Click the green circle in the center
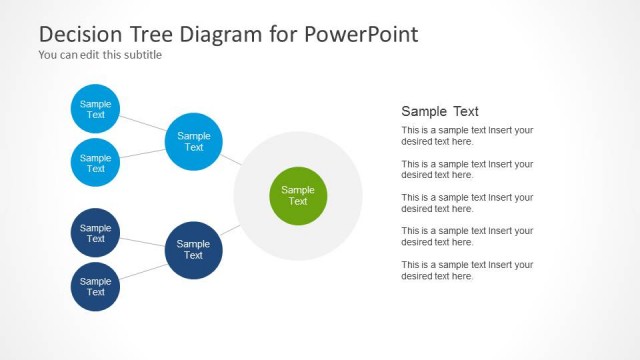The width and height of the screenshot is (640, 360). (x=298, y=196)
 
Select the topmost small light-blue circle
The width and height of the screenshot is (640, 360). (x=96, y=109)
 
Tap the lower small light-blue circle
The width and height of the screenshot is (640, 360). (x=96, y=163)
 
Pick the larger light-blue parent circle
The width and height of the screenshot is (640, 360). (x=194, y=141)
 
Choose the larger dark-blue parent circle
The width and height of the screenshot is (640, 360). (x=193, y=250)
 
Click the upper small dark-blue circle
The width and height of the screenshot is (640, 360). (x=96, y=233)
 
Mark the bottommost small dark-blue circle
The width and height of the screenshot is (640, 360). (x=96, y=287)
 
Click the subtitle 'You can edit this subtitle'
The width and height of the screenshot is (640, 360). (x=100, y=55)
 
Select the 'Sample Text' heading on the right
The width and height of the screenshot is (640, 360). (x=440, y=112)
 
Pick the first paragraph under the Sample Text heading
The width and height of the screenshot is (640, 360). (x=467, y=136)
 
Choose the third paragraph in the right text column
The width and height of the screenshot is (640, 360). (x=467, y=203)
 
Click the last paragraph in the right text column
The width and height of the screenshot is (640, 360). (x=467, y=270)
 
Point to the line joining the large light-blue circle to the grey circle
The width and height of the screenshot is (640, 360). (x=231, y=159)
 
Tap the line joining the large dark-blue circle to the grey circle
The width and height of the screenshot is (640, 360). (x=230, y=231)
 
